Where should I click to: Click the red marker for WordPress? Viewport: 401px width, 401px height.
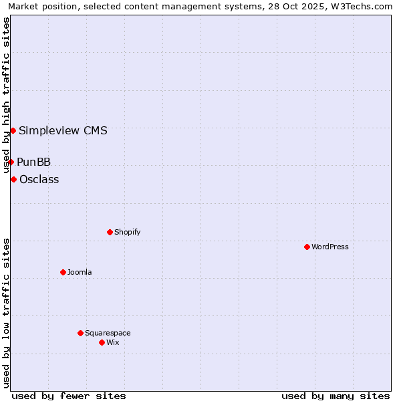307,247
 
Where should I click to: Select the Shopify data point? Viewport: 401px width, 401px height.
110,232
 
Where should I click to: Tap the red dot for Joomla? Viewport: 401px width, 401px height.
63,272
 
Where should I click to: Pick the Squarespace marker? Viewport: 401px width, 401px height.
80,333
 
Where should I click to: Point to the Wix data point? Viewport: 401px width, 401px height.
102,342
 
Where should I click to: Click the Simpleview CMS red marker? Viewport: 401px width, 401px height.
13,130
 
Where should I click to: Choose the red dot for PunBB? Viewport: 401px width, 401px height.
11,162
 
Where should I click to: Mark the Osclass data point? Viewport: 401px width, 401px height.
13,179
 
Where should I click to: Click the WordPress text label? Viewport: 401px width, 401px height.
330,247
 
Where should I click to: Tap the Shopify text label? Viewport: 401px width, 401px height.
127,232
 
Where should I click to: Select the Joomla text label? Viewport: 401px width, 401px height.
80,272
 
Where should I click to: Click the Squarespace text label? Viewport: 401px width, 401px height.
108,333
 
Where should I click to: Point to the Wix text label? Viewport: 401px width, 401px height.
112,342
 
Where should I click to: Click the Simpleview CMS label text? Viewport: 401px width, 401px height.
63,130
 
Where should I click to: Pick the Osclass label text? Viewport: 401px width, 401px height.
39,179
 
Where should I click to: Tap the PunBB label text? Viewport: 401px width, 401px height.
33,162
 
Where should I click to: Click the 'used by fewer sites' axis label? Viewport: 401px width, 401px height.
69,396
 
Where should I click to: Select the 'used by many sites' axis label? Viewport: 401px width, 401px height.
336,396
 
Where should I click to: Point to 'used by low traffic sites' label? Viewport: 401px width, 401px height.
6,313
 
